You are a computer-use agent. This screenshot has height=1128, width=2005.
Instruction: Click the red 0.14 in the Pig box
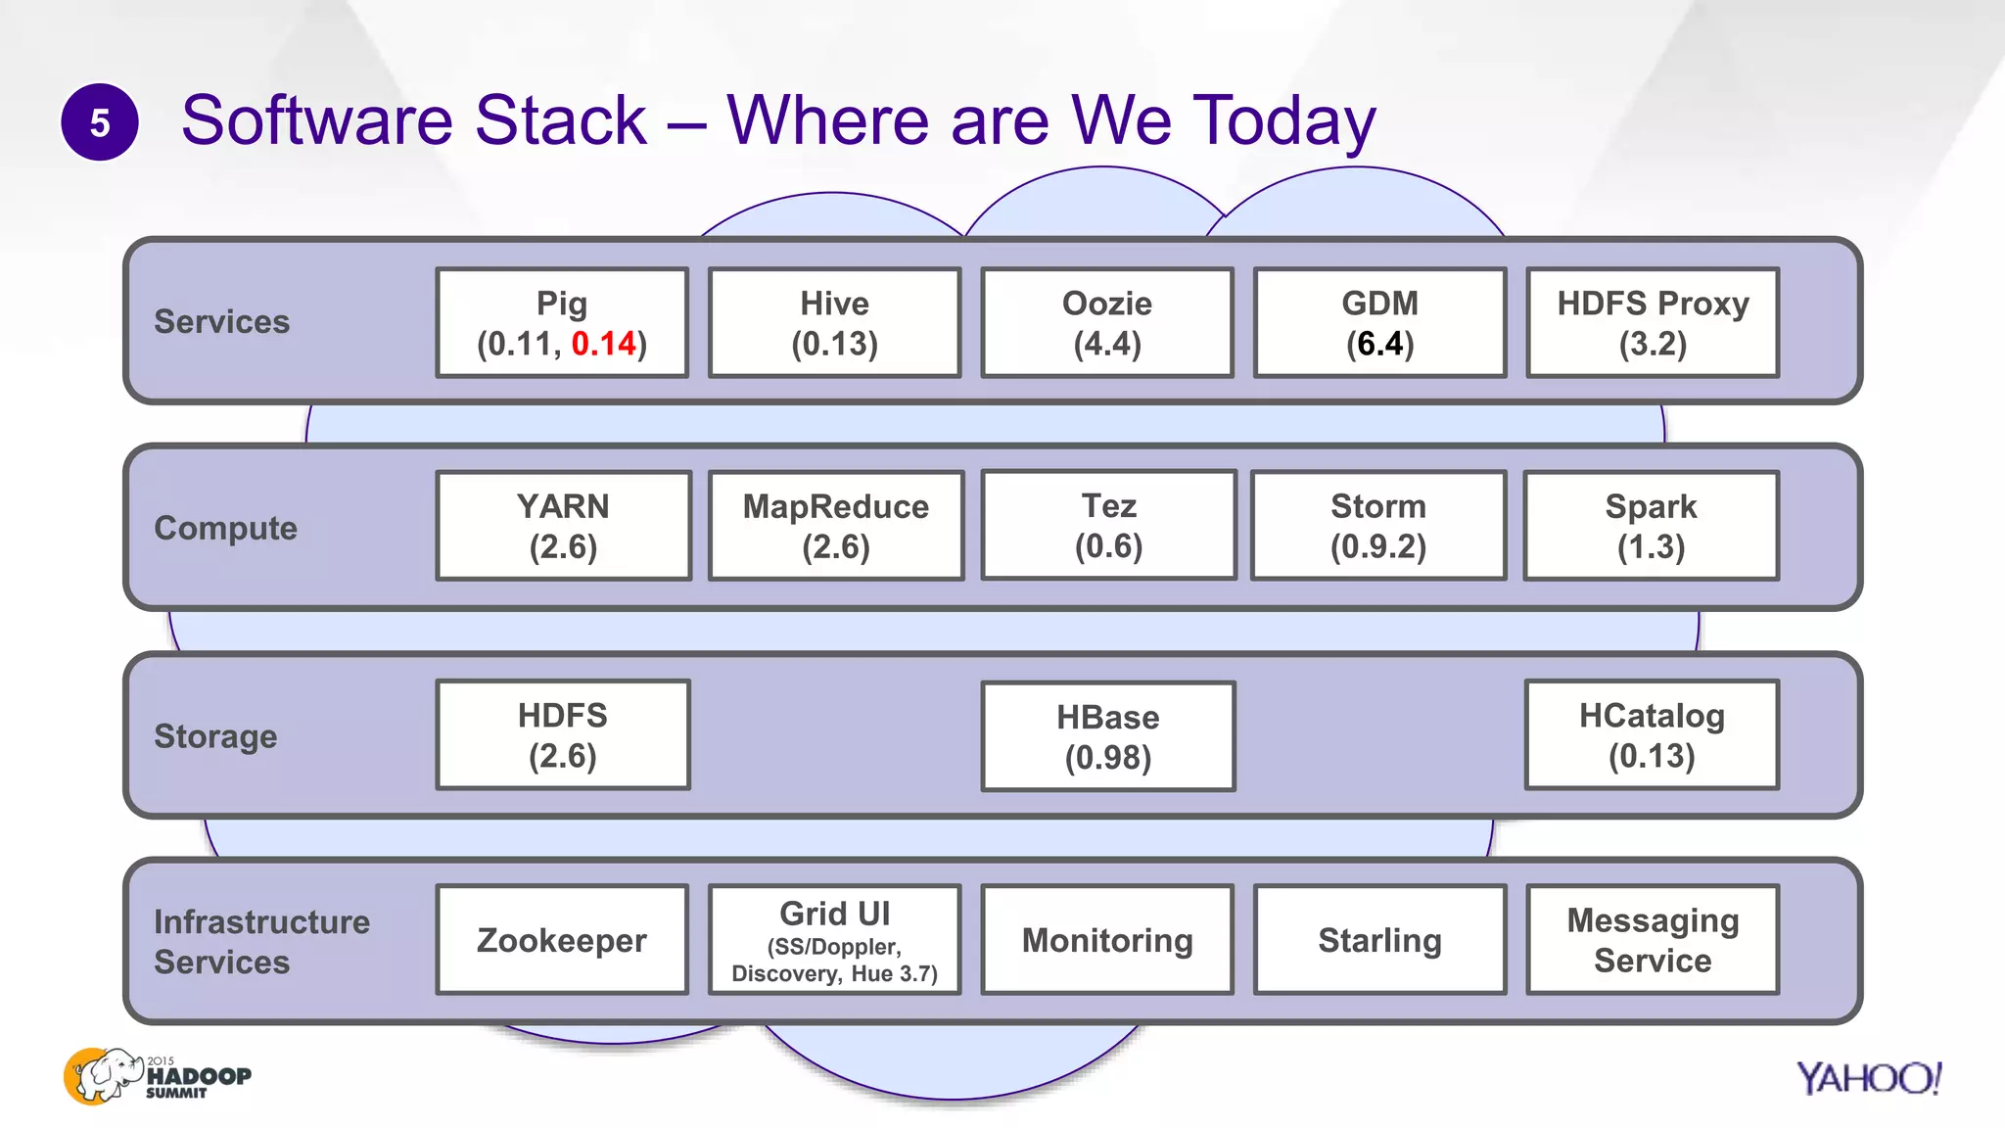tap(603, 344)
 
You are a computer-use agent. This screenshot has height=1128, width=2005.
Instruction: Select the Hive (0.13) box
tap(834, 323)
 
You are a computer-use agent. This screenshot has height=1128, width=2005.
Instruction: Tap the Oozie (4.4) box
tap(1107, 323)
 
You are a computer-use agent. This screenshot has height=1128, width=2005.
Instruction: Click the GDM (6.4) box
tap(1379, 323)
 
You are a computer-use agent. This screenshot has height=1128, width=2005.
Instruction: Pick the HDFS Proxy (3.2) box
tap(1653, 323)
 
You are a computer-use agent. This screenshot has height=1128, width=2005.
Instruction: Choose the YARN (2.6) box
tap(563, 526)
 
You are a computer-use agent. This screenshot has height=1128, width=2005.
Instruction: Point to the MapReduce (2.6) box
tap(836, 526)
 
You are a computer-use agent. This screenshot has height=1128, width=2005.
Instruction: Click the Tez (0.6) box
tap(1108, 525)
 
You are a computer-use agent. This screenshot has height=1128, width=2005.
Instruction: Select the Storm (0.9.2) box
tap(1378, 525)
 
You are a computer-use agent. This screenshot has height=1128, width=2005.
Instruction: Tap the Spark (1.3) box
tap(1651, 526)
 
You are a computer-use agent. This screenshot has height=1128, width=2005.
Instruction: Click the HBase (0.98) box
tap(1107, 736)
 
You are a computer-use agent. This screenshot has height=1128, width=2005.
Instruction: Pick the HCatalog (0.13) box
tap(1652, 734)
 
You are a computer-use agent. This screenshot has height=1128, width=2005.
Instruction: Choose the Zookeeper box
tap(562, 940)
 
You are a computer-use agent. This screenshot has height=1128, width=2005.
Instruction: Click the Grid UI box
tap(834, 940)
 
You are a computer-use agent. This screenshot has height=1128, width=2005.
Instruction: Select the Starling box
tap(1379, 940)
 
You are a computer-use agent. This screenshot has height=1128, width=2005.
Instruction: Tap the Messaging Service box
tap(1653, 940)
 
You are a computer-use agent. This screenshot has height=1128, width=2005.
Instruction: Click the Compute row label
tap(225, 528)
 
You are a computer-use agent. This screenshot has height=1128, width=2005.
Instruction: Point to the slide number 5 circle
tap(100, 122)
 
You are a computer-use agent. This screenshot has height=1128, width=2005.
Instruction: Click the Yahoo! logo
tap(1868, 1078)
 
